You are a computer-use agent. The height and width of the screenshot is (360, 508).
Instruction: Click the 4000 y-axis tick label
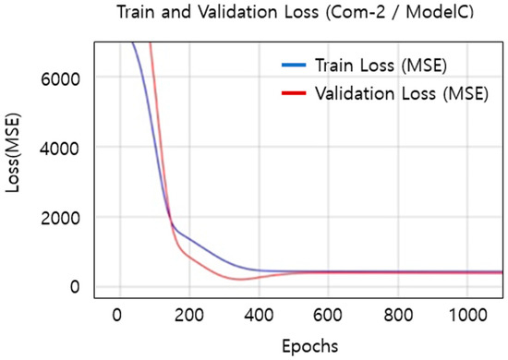point(67,148)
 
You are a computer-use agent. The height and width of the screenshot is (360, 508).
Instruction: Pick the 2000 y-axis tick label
point(67,218)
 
